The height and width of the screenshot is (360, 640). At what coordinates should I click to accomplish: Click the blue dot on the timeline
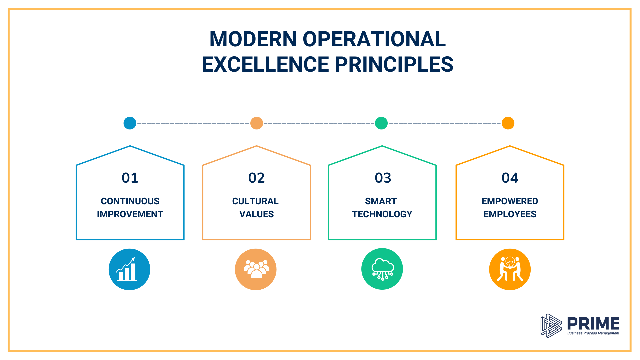pyautogui.click(x=130, y=123)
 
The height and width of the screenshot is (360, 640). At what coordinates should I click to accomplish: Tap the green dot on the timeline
pyautogui.click(x=381, y=123)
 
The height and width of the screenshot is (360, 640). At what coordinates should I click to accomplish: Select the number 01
pyautogui.click(x=130, y=178)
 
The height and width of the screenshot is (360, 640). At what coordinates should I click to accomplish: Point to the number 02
pyautogui.click(x=256, y=178)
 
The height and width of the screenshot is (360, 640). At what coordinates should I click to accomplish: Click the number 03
pyautogui.click(x=383, y=178)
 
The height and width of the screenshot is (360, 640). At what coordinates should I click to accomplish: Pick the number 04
pyautogui.click(x=510, y=178)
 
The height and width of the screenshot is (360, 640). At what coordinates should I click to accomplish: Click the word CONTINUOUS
pyautogui.click(x=130, y=201)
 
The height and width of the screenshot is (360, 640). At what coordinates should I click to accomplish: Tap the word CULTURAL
pyautogui.click(x=255, y=201)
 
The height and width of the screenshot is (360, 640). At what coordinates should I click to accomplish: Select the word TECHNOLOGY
pyautogui.click(x=382, y=214)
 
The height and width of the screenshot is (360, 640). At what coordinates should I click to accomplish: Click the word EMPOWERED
pyautogui.click(x=510, y=201)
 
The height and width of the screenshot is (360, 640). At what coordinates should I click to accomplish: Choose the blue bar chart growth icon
pyautogui.click(x=129, y=269)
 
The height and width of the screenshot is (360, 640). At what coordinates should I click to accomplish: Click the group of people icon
pyautogui.click(x=256, y=269)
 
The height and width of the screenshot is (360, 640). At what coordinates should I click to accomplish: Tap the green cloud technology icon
pyautogui.click(x=382, y=269)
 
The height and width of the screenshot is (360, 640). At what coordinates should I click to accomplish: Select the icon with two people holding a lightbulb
pyautogui.click(x=510, y=269)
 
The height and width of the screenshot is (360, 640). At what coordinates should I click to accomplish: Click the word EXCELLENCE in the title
pyautogui.click(x=265, y=64)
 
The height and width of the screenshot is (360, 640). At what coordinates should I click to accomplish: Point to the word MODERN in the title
pyautogui.click(x=253, y=39)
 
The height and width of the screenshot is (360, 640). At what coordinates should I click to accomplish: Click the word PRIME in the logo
pyautogui.click(x=593, y=323)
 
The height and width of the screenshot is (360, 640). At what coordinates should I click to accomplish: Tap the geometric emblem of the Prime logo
pyautogui.click(x=551, y=326)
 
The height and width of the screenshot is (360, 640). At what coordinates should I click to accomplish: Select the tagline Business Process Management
pyautogui.click(x=593, y=333)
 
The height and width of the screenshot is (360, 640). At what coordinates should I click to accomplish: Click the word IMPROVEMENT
pyautogui.click(x=130, y=214)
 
